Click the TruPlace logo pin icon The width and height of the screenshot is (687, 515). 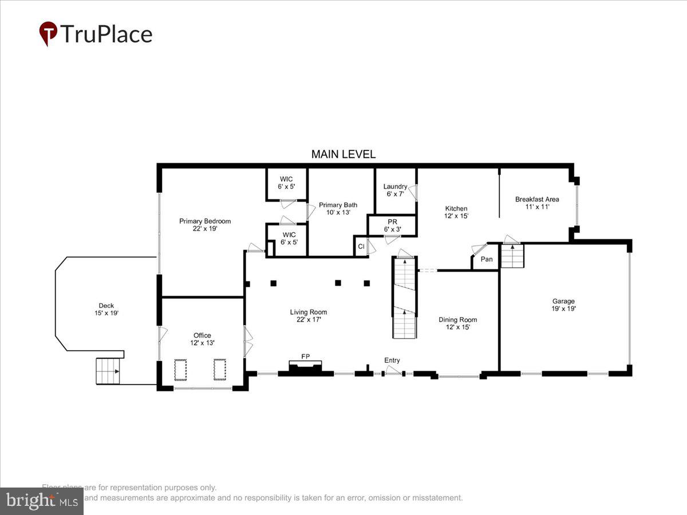point(48,33)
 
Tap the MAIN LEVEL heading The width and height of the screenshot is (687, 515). point(343,154)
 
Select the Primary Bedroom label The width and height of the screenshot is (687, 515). point(204,225)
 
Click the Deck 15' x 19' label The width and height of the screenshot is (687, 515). point(106,309)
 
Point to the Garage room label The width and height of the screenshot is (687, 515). point(563,304)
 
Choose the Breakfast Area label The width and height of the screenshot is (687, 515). point(536,203)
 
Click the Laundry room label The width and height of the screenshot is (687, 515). point(395,190)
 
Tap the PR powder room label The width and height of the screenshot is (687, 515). point(392,225)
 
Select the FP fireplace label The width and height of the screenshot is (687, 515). point(306,356)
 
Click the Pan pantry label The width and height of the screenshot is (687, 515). point(486,259)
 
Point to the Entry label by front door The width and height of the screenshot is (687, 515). point(392,360)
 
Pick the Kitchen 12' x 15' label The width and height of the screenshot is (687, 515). point(456,212)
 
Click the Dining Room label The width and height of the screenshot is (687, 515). point(457,323)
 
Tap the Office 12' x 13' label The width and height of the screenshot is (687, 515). point(202,339)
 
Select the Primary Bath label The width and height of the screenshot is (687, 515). point(338,208)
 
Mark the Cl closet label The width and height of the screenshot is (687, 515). point(361,247)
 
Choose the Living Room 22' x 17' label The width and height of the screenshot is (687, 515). point(308,316)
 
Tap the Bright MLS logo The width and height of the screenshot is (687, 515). point(41,501)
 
